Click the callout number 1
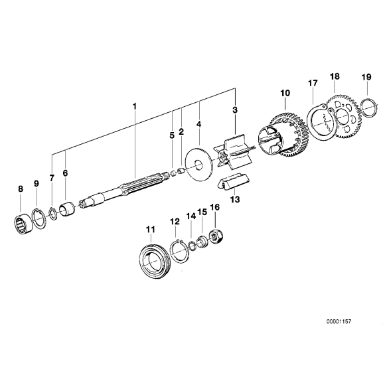(x=134, y=106)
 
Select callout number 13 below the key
(x=234, y=198)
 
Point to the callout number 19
(x=366, y=77)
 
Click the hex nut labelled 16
(x=216, y=236)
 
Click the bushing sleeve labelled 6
(x=66, y=211)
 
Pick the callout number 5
(x=171, y=135)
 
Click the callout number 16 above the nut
(x=214, y=207)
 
